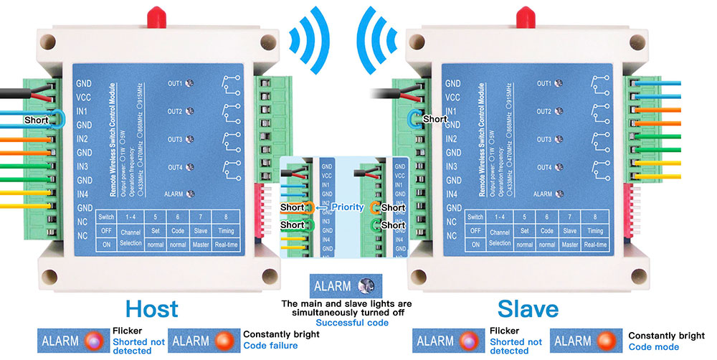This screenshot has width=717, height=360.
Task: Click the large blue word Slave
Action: click(x=528, y=309)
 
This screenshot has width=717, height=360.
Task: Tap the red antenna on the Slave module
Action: click(x=521, y=15)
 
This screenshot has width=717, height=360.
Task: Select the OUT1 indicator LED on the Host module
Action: click(x=190, y=84)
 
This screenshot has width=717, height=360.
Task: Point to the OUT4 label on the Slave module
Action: click(x=543, y=167)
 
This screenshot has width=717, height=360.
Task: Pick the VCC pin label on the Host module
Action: click(x=83, y=98)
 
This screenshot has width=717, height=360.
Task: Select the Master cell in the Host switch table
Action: click(x=201, y=245)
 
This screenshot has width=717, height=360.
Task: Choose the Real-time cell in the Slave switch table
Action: click(x=594, y=245)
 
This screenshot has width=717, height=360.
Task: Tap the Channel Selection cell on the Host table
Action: click(x=131, y=238)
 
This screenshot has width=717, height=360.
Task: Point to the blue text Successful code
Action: click(x=352, y=323)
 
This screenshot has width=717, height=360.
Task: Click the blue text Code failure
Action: click(x=270, y=346)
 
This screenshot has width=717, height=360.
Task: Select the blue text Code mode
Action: click(x=653, y=347)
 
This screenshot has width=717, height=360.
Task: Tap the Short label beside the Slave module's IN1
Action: click(x=435, y=119)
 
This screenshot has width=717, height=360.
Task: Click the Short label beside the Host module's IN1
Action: click(x=37, y=120)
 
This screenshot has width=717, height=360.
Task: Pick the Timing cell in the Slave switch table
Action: click(x=594, y=231)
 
